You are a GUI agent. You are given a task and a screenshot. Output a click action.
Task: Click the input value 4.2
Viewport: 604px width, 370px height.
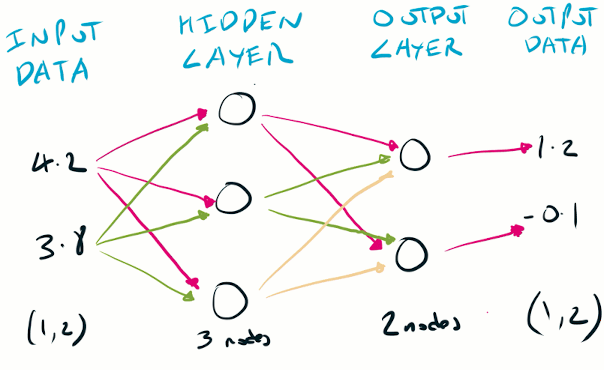[x=59, y=163]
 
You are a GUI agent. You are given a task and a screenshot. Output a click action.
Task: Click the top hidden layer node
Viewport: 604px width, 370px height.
[x=237, y=108]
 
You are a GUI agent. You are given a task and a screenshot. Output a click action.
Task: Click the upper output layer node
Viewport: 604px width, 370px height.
[x=415, y=155]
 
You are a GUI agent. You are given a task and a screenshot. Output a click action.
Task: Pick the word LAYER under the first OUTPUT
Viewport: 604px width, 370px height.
[x=416, y=48]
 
